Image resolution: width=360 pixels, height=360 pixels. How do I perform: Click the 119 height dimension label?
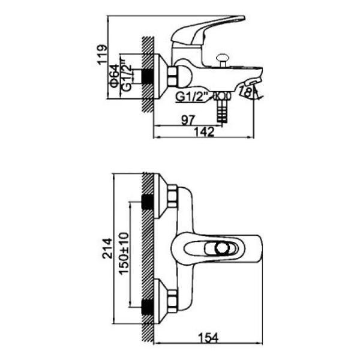tap(102, 55)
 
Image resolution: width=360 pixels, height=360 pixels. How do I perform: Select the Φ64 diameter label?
tap(115, 76)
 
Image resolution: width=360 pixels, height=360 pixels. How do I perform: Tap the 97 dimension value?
tap(188, 120)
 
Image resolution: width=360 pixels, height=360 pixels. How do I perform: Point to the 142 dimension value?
tap(204, 132)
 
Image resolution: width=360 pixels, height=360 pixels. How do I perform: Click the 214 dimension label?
tap(107, 248)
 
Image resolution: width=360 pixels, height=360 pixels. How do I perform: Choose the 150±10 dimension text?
tap(124, 253)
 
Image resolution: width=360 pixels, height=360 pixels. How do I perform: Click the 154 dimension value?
tap(208, 338)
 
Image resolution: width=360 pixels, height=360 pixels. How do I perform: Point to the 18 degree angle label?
tap(247, 92)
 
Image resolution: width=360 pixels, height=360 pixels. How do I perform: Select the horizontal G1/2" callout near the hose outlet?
tap(191, 97)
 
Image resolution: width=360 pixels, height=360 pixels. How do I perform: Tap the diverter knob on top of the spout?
tap(222, 59)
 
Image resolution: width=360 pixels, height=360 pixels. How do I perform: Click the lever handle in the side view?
tap(208, 31)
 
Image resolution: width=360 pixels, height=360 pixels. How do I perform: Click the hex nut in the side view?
tap(173, 77)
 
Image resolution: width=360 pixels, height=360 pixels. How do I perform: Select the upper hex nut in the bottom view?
tap(173, 196)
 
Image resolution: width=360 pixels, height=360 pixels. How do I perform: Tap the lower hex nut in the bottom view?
tap(173, 301)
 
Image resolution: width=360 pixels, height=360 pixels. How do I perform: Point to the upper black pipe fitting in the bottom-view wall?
tap(148, 202)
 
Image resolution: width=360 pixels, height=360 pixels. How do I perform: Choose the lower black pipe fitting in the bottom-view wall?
tap(148, 307)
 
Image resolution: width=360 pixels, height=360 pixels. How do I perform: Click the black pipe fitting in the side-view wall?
tap(148, 77)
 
